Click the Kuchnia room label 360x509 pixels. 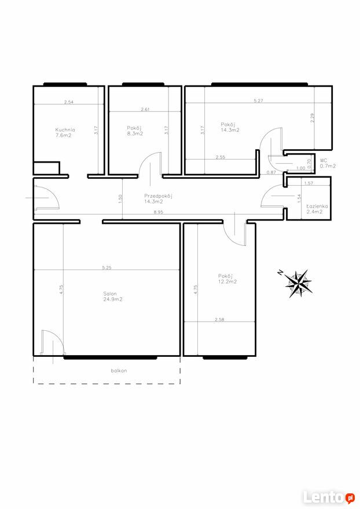point(65,130)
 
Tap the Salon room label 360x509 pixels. point(110,294)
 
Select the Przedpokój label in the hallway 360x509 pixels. point(158,196)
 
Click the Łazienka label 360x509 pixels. point(317,206)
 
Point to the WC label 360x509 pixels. point(324,160)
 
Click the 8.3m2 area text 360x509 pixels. point(135,134)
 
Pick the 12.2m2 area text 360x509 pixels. point(227,282)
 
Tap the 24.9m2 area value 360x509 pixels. point(113,299)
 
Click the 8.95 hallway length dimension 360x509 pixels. point(158,212)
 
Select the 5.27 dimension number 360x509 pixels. point(258,101)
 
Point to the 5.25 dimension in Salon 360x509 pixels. point(106,268)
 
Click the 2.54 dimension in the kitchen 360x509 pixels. point(69,102)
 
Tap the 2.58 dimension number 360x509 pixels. point(219,320)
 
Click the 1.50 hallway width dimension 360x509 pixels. point(120,198)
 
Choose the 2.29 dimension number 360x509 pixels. point(312,117)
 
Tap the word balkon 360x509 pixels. point(119,370)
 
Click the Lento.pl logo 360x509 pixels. point(329,497)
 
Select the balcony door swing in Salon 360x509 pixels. point(53,342)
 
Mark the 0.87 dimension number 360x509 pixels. point(271,172)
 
